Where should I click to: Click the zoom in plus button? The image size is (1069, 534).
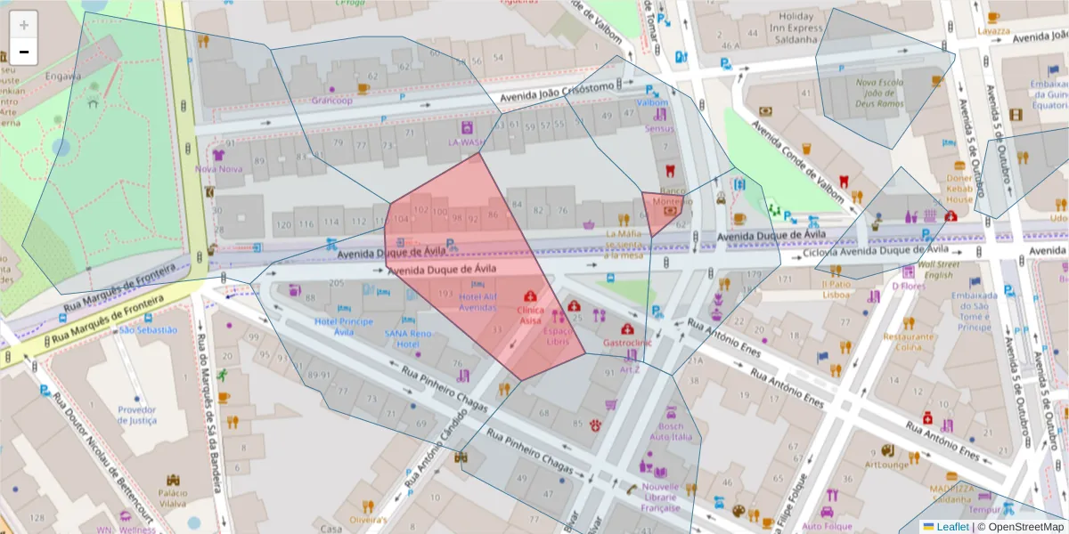pos(24,25)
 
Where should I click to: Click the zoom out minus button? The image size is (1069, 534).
pos(24,53)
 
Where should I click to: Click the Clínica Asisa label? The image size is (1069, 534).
pos(530,314)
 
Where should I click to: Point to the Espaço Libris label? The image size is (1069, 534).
pos(559,336)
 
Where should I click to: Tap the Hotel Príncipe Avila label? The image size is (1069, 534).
pos(343,327)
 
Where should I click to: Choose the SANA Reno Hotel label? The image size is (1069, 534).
pos(401,338)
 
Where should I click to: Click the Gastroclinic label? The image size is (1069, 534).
pos(627,342)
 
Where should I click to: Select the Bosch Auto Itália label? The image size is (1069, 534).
pos(670,431)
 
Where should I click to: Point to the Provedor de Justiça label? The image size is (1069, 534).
pos(136,415)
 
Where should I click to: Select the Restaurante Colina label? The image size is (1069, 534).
pos(908,342)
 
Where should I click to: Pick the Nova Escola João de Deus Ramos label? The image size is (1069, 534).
pos(878,93)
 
